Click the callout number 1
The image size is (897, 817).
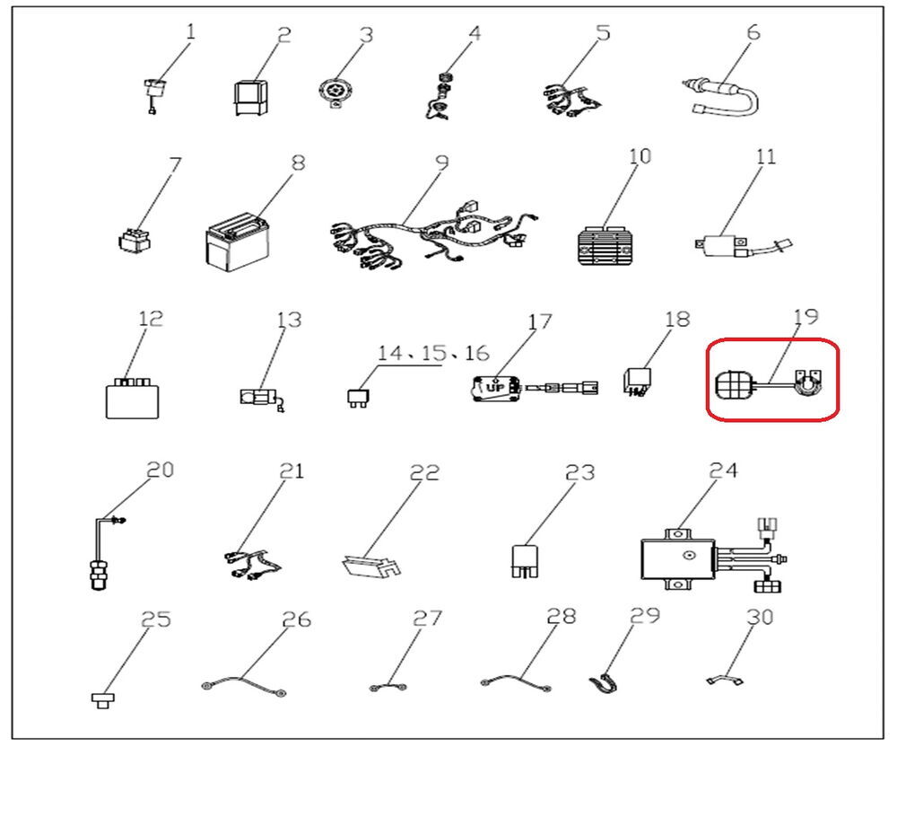point(190,31)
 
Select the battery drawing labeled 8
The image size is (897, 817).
point(237,242)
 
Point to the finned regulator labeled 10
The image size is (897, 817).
point(606,246)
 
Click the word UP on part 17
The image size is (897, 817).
point(495,388)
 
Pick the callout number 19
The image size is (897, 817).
point(806,317)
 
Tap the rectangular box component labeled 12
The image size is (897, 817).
point(132,399)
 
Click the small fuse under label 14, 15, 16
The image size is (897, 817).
point(358,398)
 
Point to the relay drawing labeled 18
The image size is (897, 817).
point(637,382)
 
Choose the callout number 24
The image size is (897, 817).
point(723,470)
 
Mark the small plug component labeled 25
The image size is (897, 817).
point(103,700)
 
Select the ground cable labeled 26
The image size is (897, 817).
point(244,685)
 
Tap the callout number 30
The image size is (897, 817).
point(760,617)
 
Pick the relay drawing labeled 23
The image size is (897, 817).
point(525,560)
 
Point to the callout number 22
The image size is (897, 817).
point(424,472)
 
